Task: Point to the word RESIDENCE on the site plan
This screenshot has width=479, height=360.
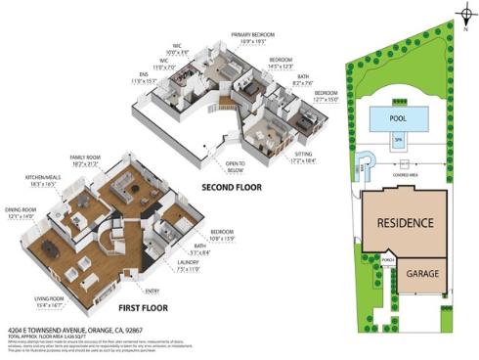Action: tap(406, 223)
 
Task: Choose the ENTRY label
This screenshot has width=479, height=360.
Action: tap(151, 291)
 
